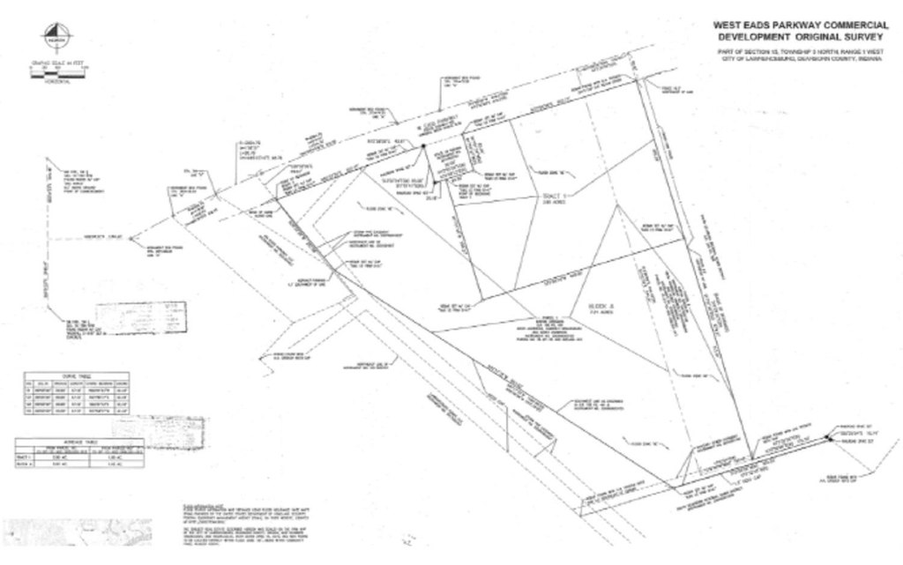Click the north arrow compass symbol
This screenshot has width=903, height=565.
tap(56, 38)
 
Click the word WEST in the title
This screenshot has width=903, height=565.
tap(731, 25)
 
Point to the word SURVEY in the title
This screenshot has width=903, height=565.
tap(869, 38)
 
